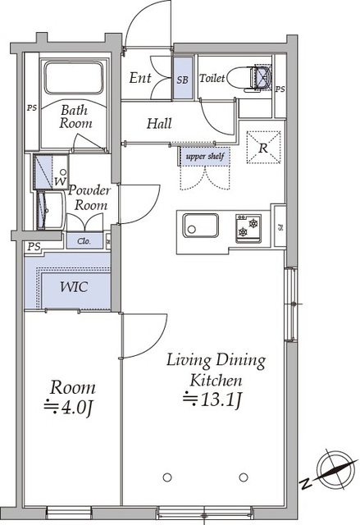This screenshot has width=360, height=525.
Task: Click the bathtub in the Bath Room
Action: [73, 77]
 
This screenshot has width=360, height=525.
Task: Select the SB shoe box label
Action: [182, 80]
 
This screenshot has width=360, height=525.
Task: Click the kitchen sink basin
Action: [200, 225]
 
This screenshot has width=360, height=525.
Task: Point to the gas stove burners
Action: [248, 228]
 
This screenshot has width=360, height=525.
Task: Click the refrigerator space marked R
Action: [263, 148]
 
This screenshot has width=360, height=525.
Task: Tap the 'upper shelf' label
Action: [205, 157]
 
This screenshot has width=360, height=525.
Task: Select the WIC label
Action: [74, 287]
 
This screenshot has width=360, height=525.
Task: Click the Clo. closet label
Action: [84, 241]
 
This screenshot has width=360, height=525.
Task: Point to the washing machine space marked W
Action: [61, 180]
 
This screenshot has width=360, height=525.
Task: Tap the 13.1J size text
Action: [212, 399]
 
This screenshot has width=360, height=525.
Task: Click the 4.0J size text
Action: [68, 407]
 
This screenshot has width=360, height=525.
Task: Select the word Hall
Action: [159, 124]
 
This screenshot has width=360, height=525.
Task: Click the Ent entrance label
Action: [140, 78]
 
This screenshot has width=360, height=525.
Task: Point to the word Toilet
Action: [212, 78]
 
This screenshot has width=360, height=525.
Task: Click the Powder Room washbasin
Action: [50, 211]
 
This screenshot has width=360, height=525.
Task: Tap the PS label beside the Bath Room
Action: [32, 107]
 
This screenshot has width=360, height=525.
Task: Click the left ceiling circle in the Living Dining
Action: [167, 477]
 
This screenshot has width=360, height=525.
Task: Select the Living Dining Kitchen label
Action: [216, 370]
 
